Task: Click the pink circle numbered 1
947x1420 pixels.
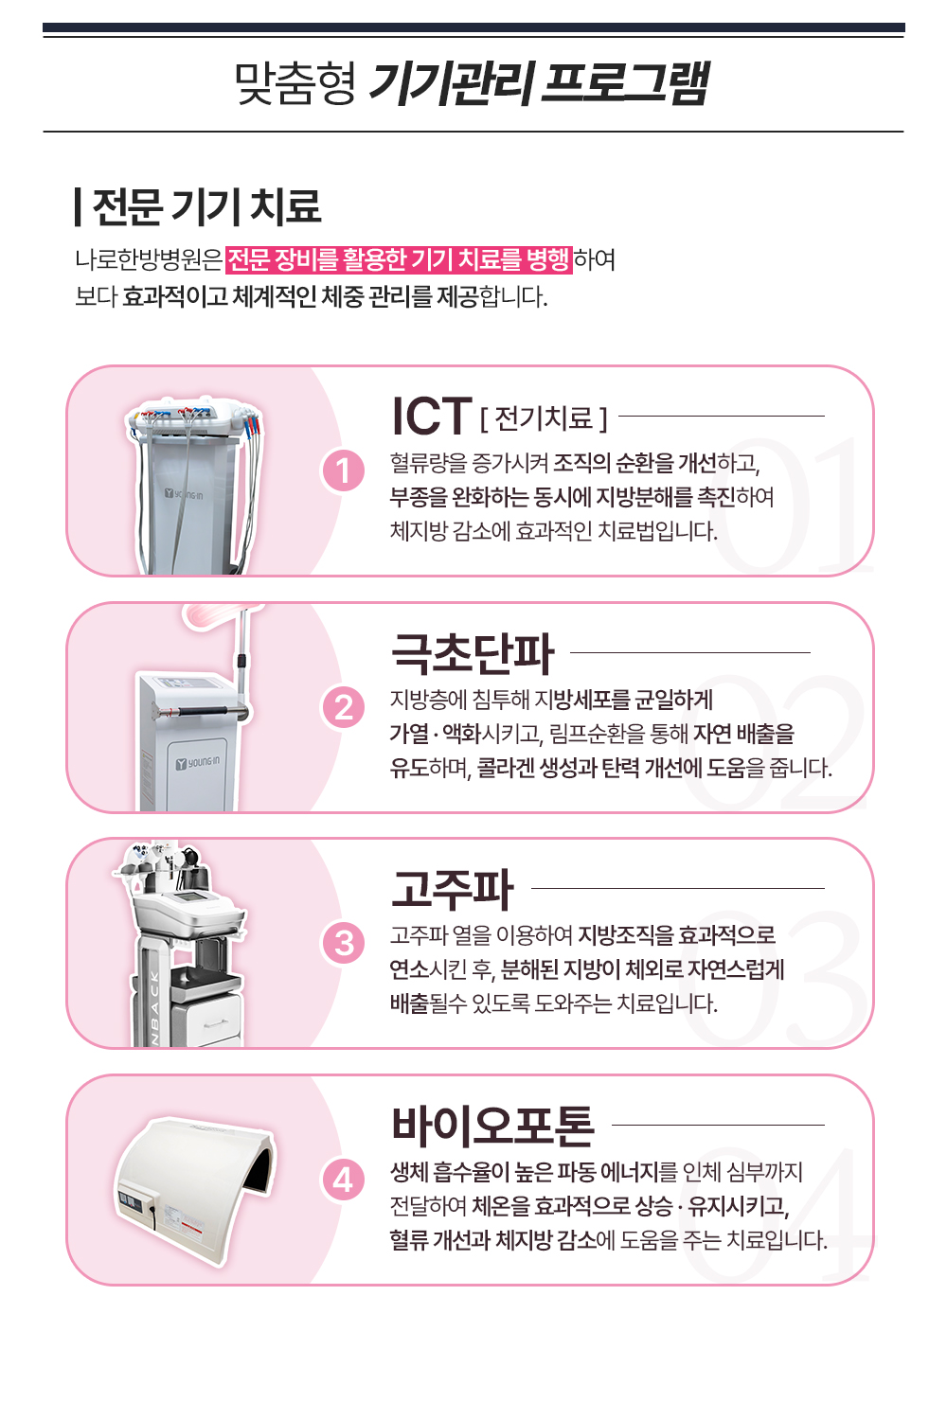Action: pyautogui.click(x=343, y=471)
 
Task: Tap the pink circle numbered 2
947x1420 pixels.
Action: pyautogui.click(x=343, y=707)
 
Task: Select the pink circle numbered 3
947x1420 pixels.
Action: pyautogui.click(x=343, y=943)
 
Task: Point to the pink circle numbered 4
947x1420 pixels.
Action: pyautogui.click(x=343, y=1180)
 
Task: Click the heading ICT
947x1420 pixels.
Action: pyautogui.click(x=432, y=416)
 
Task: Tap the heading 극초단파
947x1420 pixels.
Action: pyautogui.click(x=473, y=653)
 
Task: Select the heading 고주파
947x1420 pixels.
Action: pyautogui.click(x=453, y=889)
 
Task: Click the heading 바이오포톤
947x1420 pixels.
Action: pyautogui.click(x=492, y=1126)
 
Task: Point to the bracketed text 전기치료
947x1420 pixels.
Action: pyautogui.click(x=544, y=418)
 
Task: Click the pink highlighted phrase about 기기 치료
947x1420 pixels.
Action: pyautogui.click(x=399, y=259)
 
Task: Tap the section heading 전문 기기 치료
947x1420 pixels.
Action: pyautogui.click(x=206, y=206)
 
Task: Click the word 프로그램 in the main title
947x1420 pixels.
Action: pyautogui.click(x=624, y=83)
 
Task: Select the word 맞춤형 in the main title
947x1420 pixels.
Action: pyautogui.click(x=295, y=83)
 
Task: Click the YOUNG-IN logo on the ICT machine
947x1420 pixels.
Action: pyautogui.click(x=184, y=494)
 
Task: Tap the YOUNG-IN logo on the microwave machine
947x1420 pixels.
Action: pyautogui.click(x=198, y=763)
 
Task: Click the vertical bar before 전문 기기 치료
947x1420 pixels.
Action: pyautogui.click(x=78, y=206)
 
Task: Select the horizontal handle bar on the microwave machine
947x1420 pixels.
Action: pyautogui.click(x=203, y=711)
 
